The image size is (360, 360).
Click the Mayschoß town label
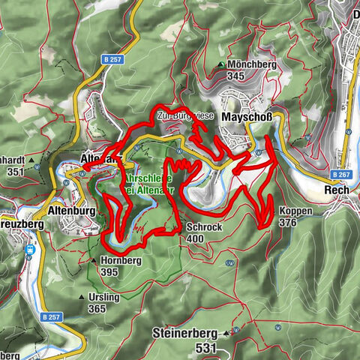point(247,118)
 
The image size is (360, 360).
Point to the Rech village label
point(335,190)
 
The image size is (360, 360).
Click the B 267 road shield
point(339,174)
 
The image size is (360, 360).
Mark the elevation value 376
point(288,223)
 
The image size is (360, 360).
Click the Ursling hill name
point(106,297)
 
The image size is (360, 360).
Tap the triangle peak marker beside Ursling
point(82,297)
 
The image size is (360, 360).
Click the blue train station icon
point(29,250)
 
